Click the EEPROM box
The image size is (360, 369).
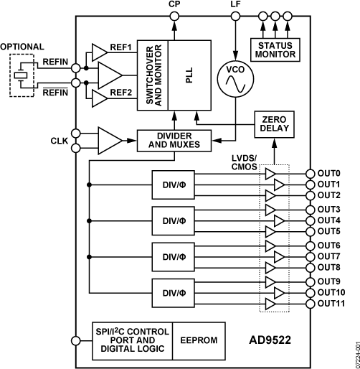pos(195,339)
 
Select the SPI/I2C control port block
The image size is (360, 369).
pos(133,340)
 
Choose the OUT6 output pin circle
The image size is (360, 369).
pos(310,246)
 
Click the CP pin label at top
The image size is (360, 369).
pos(174,5)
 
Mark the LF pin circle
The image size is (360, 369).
pos(235,17)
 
